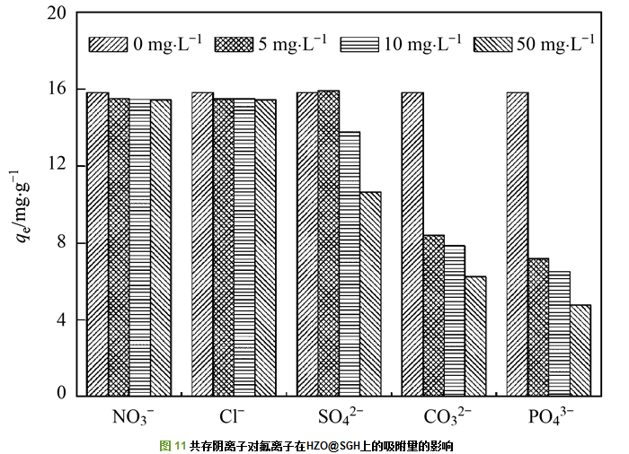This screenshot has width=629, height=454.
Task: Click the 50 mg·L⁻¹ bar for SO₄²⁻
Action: click(x=370, y=292)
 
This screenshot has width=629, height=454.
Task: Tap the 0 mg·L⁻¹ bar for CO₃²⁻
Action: click(x=412, y=242)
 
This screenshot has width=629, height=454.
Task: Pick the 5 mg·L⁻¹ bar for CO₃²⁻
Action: click(x=433, y=314)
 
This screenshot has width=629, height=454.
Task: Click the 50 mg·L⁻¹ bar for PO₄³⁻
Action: click(x=580, y=349)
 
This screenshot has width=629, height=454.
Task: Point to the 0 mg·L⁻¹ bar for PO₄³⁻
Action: click(x=518, y=242)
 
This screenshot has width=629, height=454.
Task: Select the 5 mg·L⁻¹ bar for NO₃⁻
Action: click(x=119, y=246)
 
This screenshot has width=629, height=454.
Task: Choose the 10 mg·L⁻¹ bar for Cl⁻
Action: click(x=244, y=246)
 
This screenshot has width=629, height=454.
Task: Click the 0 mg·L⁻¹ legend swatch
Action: click(x=107, y=43)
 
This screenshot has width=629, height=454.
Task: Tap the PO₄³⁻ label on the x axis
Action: click(x=551, y=417)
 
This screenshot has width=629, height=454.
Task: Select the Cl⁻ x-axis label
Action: click(x=232, y=417)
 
